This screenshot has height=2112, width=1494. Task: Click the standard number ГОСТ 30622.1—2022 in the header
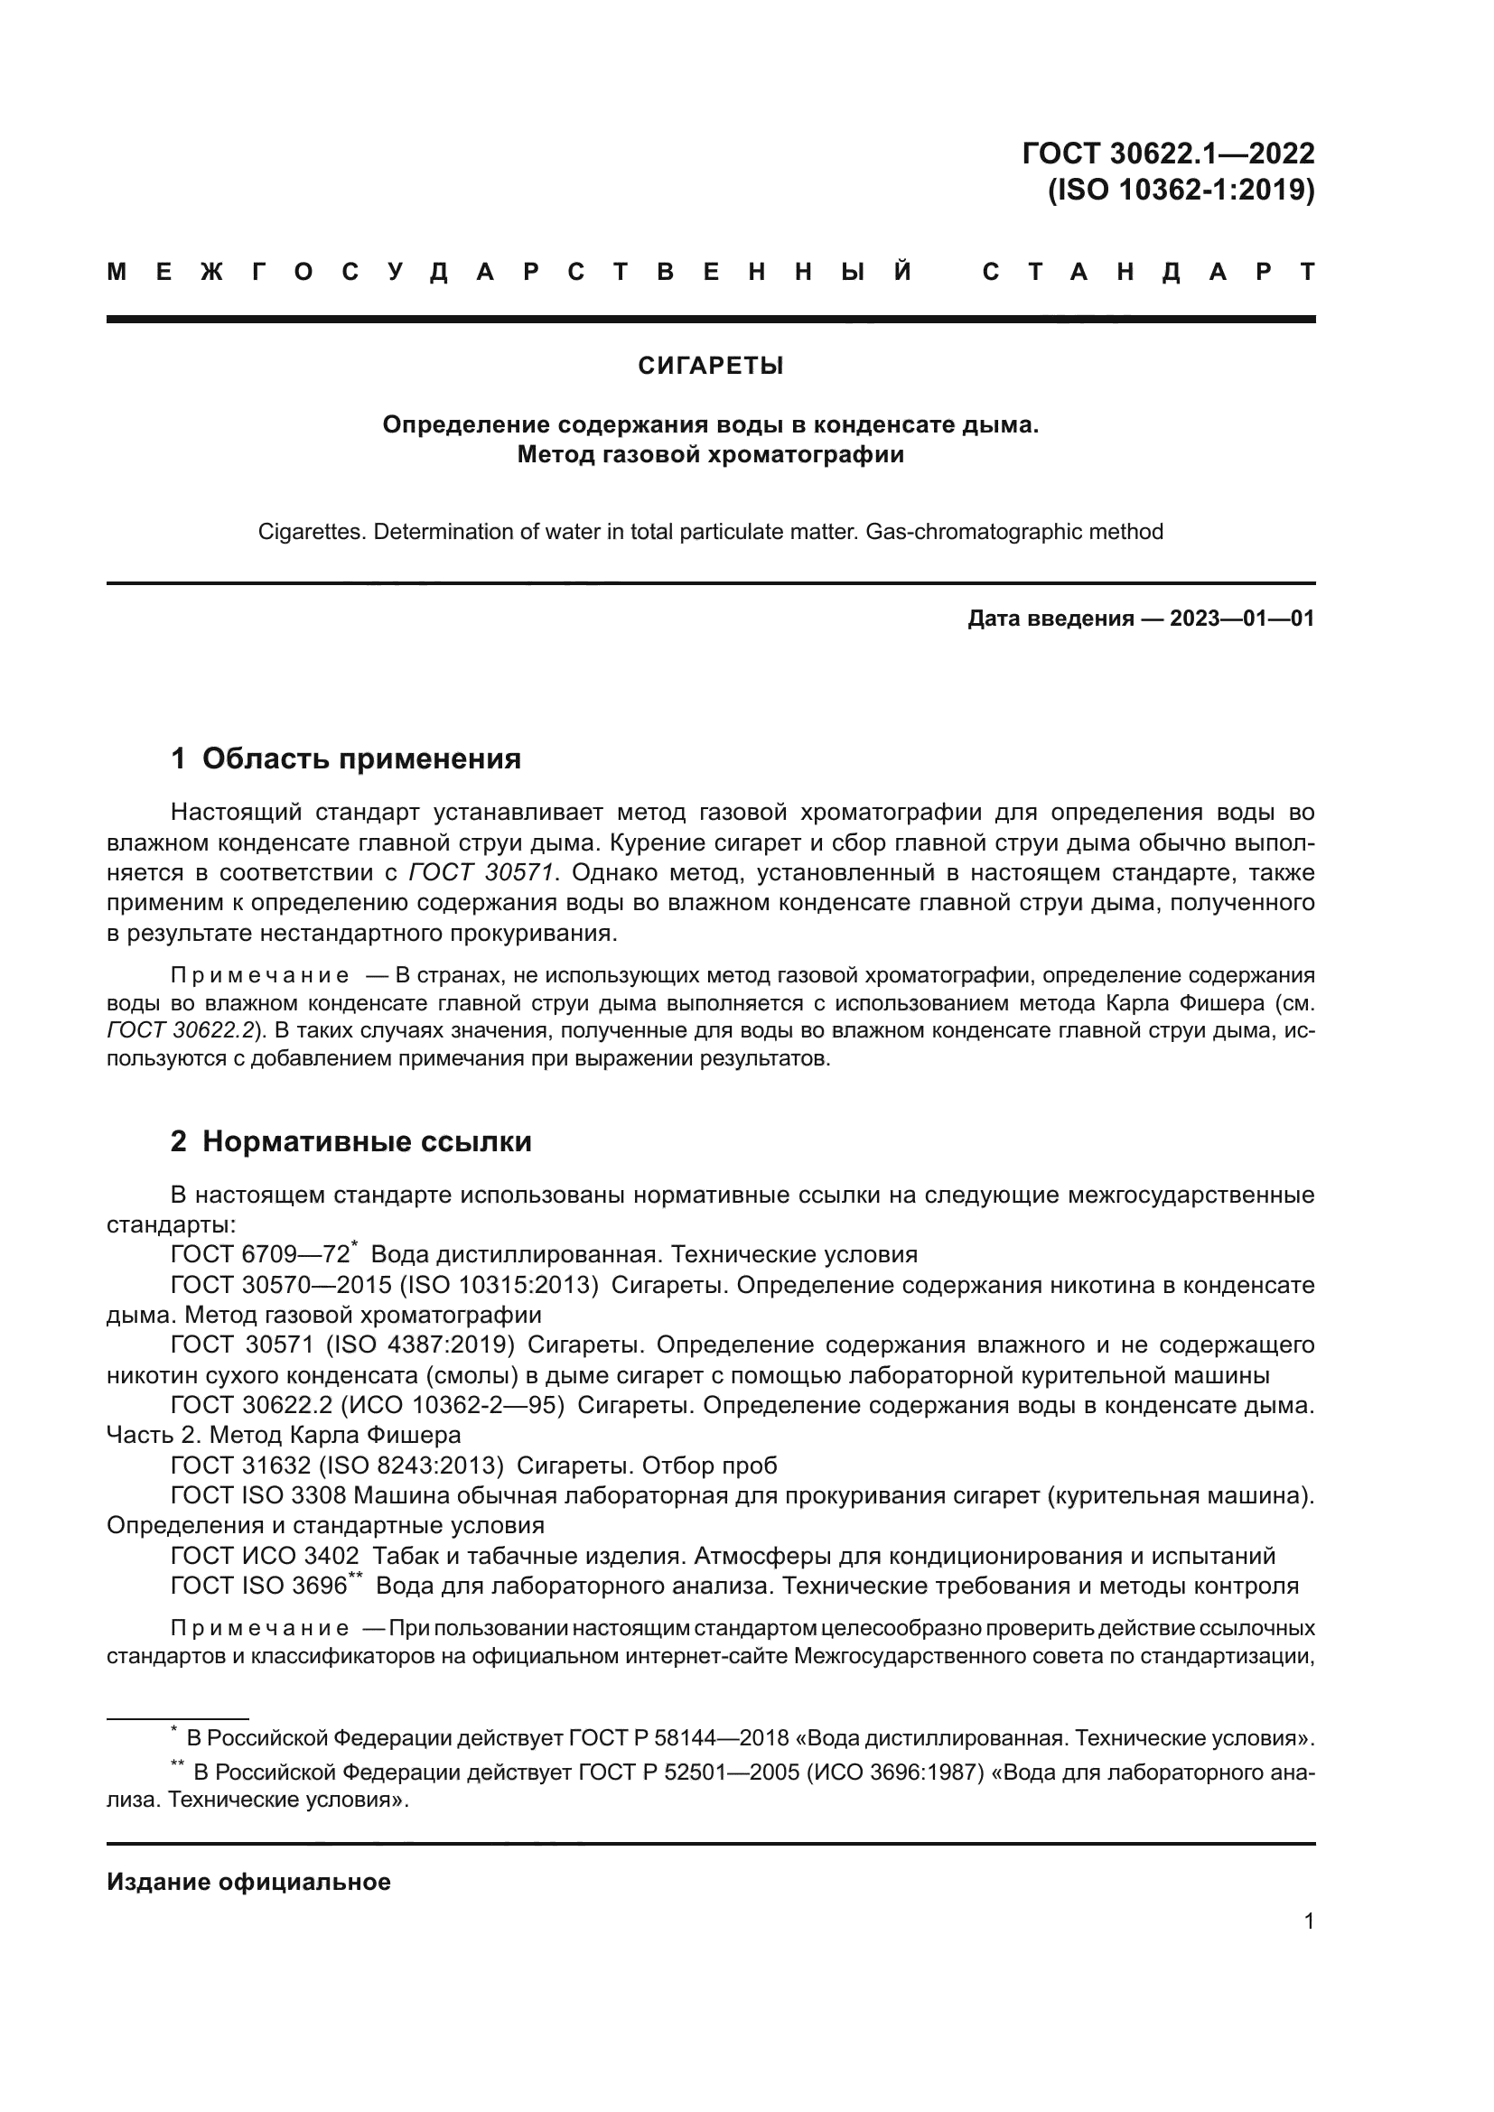click(x=1167, y=153)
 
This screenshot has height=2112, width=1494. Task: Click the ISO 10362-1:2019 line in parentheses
click(x=1181, y=190)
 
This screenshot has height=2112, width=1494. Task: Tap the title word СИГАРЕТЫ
click(x=710, y=366)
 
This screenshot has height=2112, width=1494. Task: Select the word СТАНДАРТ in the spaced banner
click(x=1148, y=273)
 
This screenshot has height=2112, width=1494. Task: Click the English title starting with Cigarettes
click(x=710, y=532)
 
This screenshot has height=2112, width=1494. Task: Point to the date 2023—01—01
click(x=1241, y=619)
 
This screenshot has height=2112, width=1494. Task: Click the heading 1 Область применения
click(x=346, y=758)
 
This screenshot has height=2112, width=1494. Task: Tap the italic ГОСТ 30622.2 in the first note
click(x=181, y=1030)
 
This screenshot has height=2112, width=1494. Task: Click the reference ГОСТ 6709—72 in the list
click(x=260, y=1255)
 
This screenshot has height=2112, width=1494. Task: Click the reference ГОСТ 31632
click(x=243, y=1465)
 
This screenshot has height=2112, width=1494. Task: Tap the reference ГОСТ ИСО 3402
click(x=265, y=1556)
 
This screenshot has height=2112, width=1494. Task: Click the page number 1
click(x=1308, y=1921)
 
